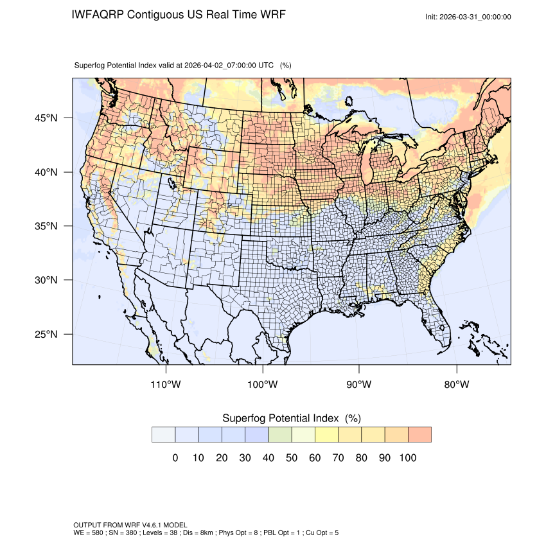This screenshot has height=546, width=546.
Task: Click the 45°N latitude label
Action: click(46, 118)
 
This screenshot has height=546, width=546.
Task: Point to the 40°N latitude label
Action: click(46, 172)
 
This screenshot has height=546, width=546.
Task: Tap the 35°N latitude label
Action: click(46, 226)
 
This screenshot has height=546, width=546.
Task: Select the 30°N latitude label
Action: click(46, 280)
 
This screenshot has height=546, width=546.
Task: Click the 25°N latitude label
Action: click(46, 334)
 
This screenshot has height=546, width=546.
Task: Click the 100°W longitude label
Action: click(263, 385)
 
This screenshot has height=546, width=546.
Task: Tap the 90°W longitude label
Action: click(359, 385)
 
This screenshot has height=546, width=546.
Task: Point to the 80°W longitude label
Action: click(456, 385)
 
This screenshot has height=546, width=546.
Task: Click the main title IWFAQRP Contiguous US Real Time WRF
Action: click(179, 15)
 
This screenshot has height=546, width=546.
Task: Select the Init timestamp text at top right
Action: click(468, 17)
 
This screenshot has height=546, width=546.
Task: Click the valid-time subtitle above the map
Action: click(183, 65)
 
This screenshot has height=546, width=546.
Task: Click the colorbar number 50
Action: click(291, 457)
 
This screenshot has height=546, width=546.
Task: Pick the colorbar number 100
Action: click(408, 457)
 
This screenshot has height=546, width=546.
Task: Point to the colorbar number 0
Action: click(175, 457)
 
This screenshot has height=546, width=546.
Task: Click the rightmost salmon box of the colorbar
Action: click(419, 434)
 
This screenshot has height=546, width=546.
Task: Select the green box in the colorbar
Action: click(279, 434)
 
